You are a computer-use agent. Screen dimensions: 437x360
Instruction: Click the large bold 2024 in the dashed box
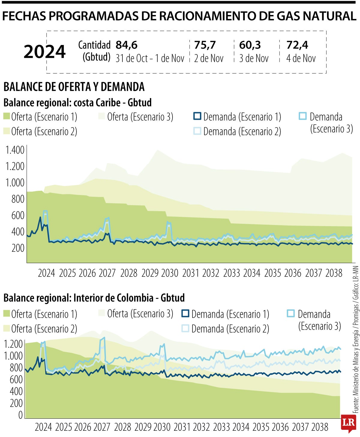(45, 52)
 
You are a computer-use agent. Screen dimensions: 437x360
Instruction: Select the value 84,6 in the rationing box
(127, 45)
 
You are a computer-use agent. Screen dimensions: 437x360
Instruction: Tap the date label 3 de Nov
(254, 58)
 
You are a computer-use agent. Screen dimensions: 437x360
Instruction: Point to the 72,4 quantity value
(297, 45)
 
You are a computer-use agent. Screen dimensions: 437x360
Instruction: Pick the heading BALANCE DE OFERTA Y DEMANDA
(74, 87)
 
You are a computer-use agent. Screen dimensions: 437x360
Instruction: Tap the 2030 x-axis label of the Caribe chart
(170, 273)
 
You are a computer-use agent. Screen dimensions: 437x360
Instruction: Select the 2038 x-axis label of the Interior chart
(320, 427)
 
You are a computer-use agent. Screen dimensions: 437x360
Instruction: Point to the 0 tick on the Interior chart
(20, 415)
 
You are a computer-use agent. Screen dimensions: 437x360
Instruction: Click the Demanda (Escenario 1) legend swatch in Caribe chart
(197, 116)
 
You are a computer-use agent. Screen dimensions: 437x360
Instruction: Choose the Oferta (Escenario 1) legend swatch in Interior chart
(7, 314)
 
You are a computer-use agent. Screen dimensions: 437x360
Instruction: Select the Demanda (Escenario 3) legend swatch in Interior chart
(291, 313)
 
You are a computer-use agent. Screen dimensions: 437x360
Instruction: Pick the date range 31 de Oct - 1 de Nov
(150, 58)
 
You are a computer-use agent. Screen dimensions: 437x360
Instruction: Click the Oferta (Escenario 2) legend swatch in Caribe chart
(7, 131)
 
